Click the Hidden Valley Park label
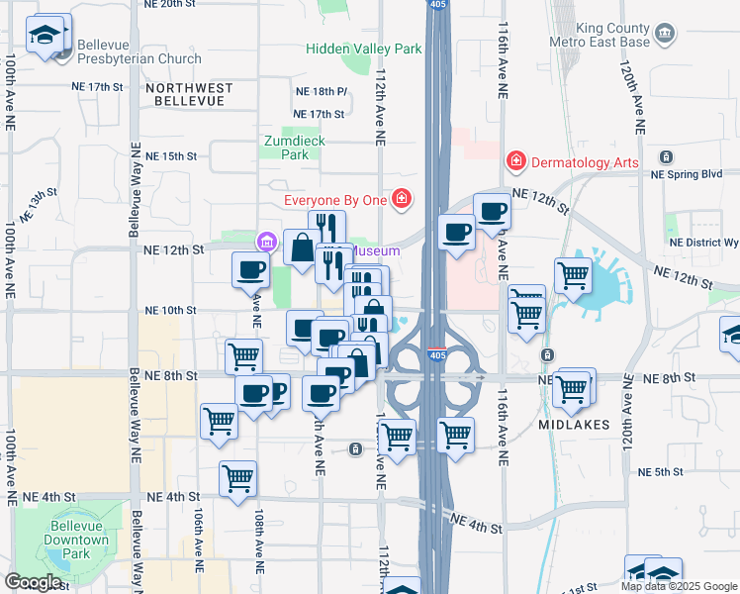click(364, 48)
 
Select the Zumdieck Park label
click(295, 148)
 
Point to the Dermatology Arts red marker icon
click(515, 160)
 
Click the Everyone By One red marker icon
click(402, 200)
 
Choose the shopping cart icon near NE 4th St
click(237, 479)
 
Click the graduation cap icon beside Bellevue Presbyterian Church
click(44, 37)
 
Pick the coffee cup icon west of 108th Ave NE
click(251, 269)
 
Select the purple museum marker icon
click(265, 241)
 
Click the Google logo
click(32, 582)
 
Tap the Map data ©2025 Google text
click(679, 586)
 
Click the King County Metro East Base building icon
click(666, 36)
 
